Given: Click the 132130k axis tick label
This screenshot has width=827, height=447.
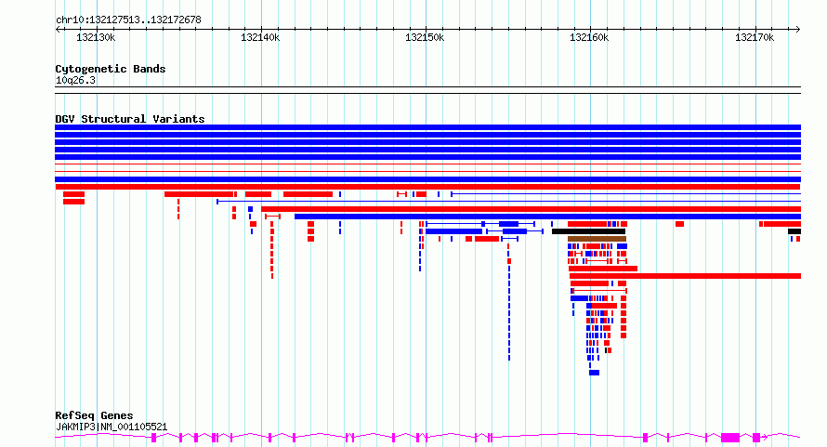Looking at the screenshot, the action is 96,37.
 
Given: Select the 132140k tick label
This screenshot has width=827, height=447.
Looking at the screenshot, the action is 260,37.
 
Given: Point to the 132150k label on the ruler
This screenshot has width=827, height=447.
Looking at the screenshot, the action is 425,37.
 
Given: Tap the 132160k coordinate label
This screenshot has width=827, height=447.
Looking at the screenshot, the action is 589,37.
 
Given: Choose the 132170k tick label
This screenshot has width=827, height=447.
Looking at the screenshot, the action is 755,37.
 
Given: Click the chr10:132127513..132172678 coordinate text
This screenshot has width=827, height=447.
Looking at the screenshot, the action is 128,20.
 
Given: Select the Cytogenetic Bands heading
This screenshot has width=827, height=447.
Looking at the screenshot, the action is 111,69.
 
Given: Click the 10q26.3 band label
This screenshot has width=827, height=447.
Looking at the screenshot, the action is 75,80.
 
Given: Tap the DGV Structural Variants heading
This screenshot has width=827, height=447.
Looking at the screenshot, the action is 130,119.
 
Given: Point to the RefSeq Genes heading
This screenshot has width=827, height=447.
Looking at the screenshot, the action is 94,415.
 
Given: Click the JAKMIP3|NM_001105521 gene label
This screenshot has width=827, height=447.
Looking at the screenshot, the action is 112,427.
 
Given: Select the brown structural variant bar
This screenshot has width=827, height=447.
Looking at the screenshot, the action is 597,239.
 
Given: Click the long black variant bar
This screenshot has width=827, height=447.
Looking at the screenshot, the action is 588,231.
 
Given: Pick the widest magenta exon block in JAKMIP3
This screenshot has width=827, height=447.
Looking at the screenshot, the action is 730,438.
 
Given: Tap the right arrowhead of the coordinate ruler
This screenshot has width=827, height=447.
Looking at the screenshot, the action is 798,30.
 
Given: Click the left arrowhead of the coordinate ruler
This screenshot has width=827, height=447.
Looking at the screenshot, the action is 58,30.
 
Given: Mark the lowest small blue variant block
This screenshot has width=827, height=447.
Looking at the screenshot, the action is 595,373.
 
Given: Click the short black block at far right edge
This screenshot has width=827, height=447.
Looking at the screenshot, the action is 794,231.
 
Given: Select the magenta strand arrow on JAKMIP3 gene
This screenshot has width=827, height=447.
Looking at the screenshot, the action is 766,437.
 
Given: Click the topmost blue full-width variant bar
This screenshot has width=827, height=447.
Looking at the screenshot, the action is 427,127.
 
